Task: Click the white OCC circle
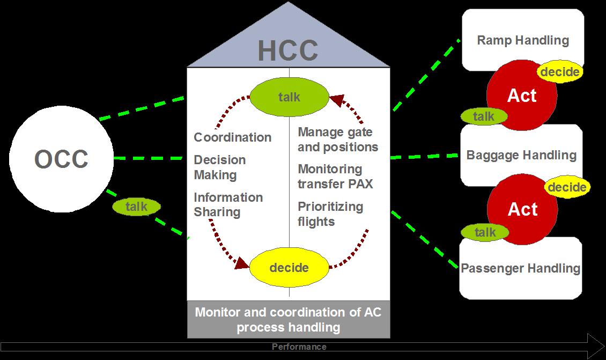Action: (61, 159)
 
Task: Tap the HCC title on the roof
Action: (288, 50)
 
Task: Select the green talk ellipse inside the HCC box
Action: (289, 97)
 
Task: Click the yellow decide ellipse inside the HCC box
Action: (289, 267)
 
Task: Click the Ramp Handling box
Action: (522, 40)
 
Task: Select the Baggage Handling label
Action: (521, 155)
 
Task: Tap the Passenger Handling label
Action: (521, 268)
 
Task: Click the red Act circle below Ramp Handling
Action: (522, 95)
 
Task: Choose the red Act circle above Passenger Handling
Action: (522, 209)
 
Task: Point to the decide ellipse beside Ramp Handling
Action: (559, 72)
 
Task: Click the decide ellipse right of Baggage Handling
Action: (566, 187)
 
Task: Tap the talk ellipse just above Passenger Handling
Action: (485, 232)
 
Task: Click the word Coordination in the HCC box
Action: (233, 137)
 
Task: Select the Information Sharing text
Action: (228, 204)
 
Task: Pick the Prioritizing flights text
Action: (330, 214)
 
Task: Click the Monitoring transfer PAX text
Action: (335, 177)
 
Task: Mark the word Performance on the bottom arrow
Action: (299, 347)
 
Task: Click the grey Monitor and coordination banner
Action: (288, 320)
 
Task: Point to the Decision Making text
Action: (220, 167)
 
